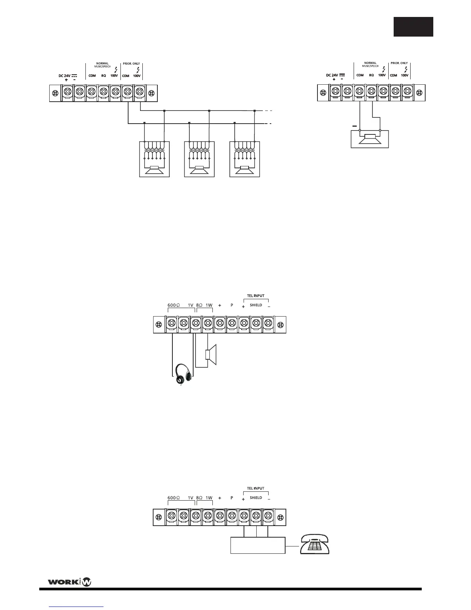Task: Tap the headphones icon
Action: click(183, 374)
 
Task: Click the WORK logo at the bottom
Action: click(69, 582)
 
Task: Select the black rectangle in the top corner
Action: click(413, 27)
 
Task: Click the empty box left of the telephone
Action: click(257, 545)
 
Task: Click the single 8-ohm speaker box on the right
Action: click(369, 139)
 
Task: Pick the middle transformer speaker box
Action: click(199, 159)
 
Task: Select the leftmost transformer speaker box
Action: click(154, 159)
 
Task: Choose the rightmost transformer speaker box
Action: click(245, 159)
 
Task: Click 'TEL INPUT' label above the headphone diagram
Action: click(256, 296)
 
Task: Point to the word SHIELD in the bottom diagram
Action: click(256, 498)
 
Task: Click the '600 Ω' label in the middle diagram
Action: click(174, 305)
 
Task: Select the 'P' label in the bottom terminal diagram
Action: click(232, 498)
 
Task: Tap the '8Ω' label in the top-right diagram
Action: click(371, 75)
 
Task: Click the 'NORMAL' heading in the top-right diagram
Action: click(370, 63)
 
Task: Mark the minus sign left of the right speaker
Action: click(354, 126)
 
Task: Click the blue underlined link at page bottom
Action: click(77, 607)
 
